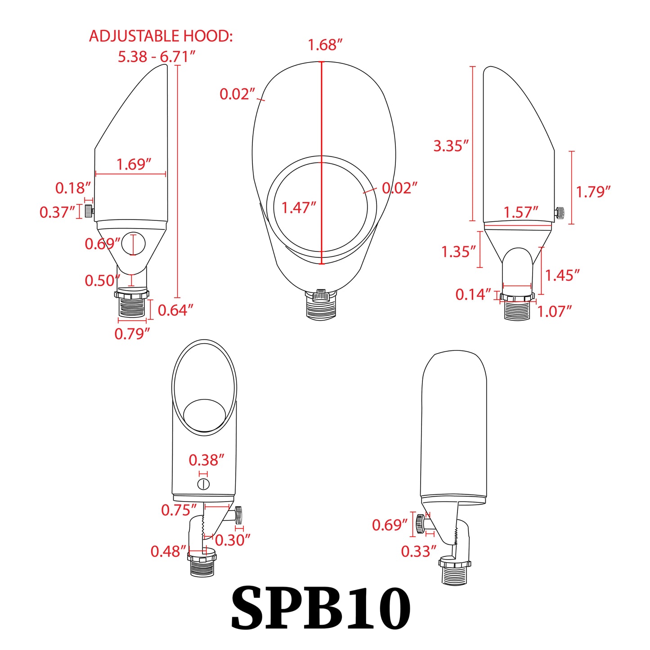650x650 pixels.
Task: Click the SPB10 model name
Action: (320, 608)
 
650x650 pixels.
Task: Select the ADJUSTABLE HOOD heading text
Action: (161, 36)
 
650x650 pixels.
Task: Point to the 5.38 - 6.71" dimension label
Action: (157, 57)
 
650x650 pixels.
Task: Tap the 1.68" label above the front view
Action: (325, 45)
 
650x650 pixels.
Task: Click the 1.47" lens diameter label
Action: (299, 208)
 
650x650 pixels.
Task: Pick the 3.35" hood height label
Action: (451, 146)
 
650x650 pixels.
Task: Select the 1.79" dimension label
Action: (593, 192)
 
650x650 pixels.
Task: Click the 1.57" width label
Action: (520, 212)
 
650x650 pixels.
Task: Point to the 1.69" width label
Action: (134, 164)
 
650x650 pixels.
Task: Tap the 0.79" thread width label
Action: (132, 334)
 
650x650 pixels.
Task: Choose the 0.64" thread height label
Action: (175, 310)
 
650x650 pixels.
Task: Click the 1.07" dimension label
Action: (554, 311)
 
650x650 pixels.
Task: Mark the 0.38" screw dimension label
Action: (206, 460)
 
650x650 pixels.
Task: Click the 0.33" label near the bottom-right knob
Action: (418, 551)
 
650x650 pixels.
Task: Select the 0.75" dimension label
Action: (179, 510)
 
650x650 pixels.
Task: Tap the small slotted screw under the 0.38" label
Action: (204, 484)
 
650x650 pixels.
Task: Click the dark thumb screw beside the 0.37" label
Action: (89, 211)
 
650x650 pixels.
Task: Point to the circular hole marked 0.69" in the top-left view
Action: (133, 244)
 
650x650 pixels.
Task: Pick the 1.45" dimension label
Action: (562, 275)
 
